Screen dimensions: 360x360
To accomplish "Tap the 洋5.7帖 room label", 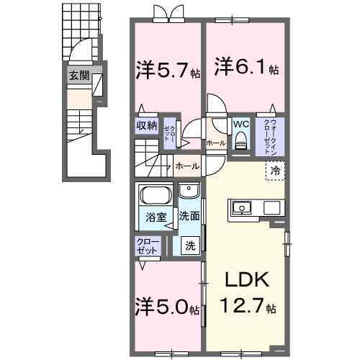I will click(x=166, y=70).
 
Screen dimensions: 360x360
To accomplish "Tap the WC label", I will click(x=240, y=123).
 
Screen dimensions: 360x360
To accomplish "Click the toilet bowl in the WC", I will click(x=240, y=140).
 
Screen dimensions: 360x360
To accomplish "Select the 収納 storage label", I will click(x=146, y=125).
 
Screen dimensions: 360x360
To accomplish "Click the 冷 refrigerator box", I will click(x=275, y=171).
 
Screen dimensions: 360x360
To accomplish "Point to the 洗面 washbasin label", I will click(x=189, y=215).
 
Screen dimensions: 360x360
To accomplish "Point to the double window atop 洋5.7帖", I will click(x=165, y=12).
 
